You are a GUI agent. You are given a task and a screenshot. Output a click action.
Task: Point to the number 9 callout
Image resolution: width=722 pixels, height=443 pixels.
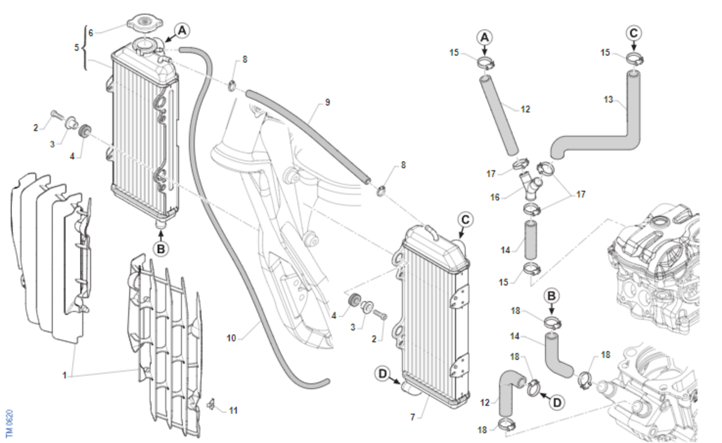(327, 102)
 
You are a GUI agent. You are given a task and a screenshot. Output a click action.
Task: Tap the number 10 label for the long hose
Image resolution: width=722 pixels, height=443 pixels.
(232, 338)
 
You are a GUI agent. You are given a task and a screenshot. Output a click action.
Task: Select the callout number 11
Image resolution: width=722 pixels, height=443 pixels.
(233, 411)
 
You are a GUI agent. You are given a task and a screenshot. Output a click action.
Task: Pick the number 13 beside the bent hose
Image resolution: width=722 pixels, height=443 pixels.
(608, 100)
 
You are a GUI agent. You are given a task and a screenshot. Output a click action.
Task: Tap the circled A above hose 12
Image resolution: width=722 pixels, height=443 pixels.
(485, 37)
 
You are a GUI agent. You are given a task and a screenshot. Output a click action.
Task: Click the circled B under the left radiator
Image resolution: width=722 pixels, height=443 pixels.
(160, 247)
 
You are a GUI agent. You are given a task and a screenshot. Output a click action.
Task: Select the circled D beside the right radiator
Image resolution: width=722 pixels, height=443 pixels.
(383, 374)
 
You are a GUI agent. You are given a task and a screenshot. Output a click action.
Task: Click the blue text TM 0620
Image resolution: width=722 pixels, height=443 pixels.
(10, 423)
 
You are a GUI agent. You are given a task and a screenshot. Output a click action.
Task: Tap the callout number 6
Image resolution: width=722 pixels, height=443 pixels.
(90, 32)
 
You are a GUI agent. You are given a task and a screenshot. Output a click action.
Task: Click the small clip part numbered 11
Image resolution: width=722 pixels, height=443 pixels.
(212, 403)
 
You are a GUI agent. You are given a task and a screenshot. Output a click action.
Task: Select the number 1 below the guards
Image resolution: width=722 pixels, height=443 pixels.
(64, 375)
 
